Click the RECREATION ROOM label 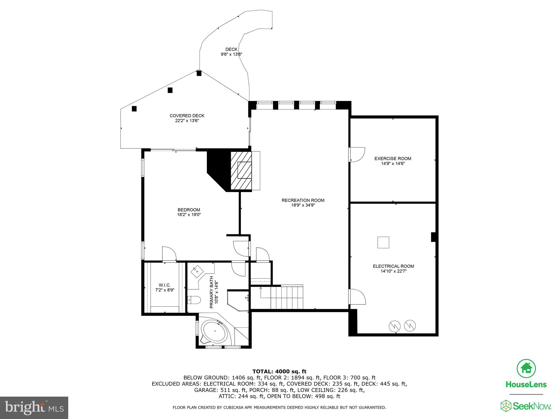click(x=303, y=200)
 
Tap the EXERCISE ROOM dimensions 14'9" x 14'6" click(x=393, y=164)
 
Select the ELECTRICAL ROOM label click(x=393, y=266)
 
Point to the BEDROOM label click(x=189, y=210)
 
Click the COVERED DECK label click(x=187, y=116)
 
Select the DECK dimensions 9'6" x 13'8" click(x=231, y=54)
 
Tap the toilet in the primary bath click(x=194, y=300)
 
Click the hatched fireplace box click(x=241, y=170)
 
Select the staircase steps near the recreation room click(x=287, y=297)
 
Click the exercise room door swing click(x=357, y=155)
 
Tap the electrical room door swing click(x=357, y=297)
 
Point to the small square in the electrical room click(x=383, y=243)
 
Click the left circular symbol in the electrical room click(x=395, y=326)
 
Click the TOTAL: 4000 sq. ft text click(x=279, y=372)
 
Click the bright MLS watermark click(x=34, y=408)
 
